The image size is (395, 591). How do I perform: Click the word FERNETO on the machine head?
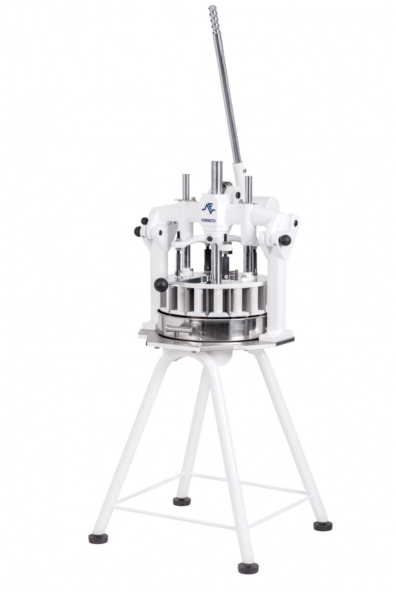[x=208, y=221]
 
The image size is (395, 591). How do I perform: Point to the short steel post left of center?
[x=187, y=187]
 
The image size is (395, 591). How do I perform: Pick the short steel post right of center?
[x=248, y=189]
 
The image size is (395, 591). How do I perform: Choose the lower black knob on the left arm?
[x=138, y=232]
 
